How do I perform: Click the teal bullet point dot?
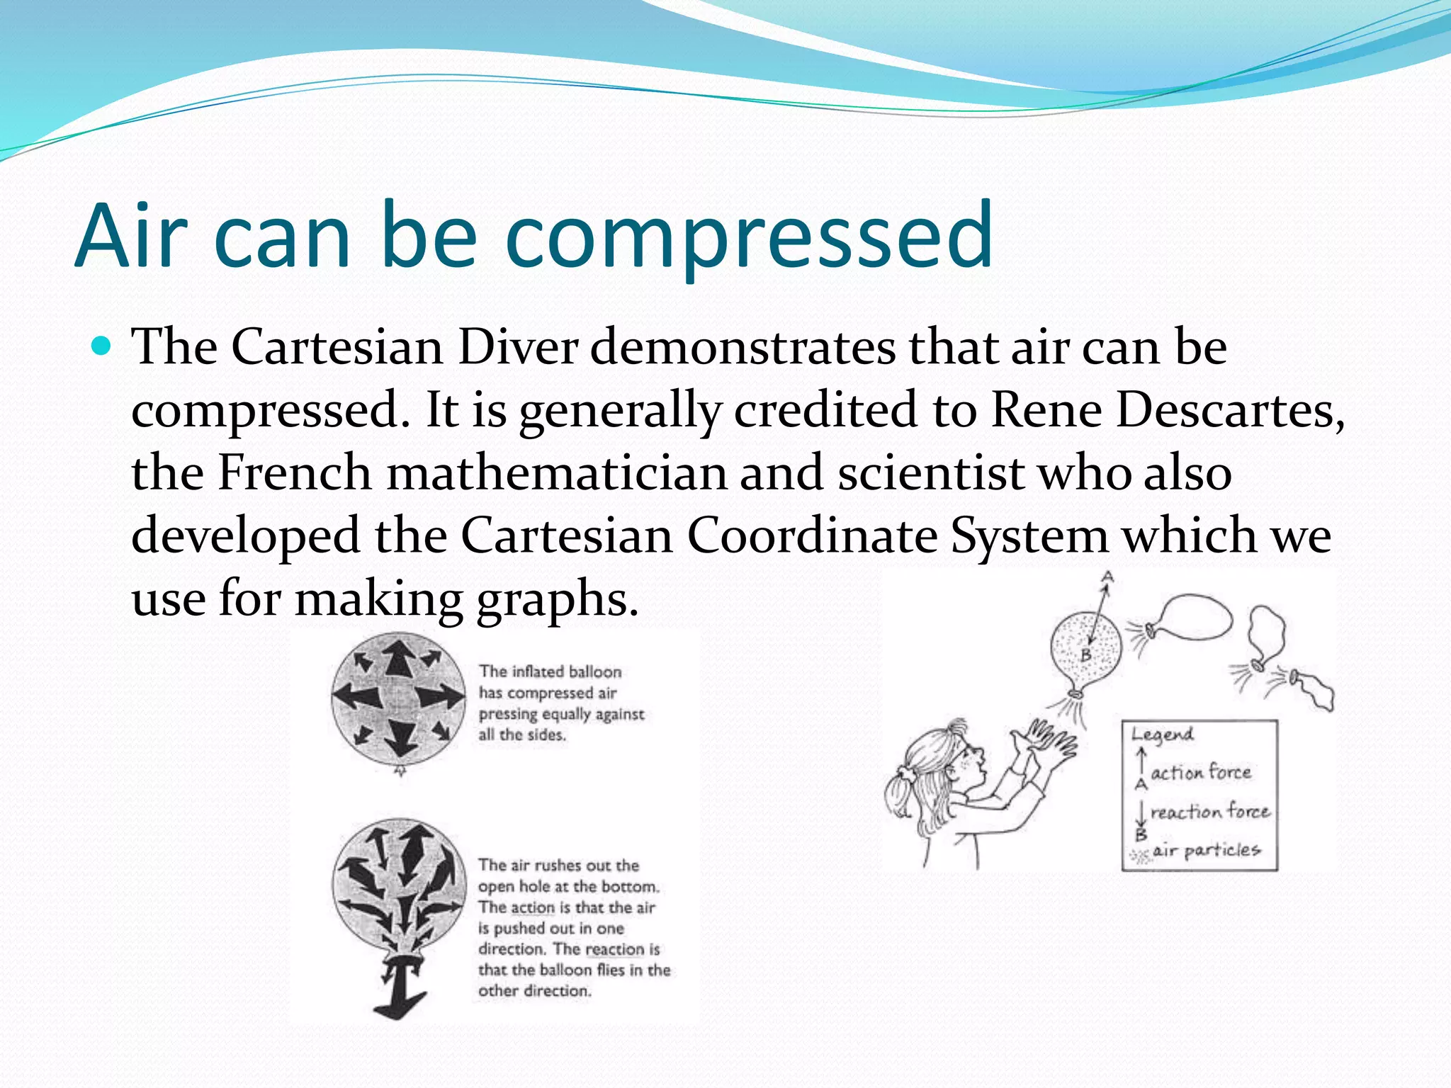pos(103,346)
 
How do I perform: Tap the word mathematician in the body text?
pos(556,472)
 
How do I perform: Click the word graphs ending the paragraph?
pos(557,599)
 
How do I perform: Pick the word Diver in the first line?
pos(518,347)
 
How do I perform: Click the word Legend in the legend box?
pos(1162,735)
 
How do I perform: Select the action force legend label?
pos(1200,772)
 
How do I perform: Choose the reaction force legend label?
pos(1209,812)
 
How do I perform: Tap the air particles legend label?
pos(1206,850)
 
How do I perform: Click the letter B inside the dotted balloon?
pos(1085,655)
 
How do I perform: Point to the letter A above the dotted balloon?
pos(1107,577)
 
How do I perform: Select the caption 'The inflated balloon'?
pos(550,671)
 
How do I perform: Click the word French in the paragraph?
pos(294,472)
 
